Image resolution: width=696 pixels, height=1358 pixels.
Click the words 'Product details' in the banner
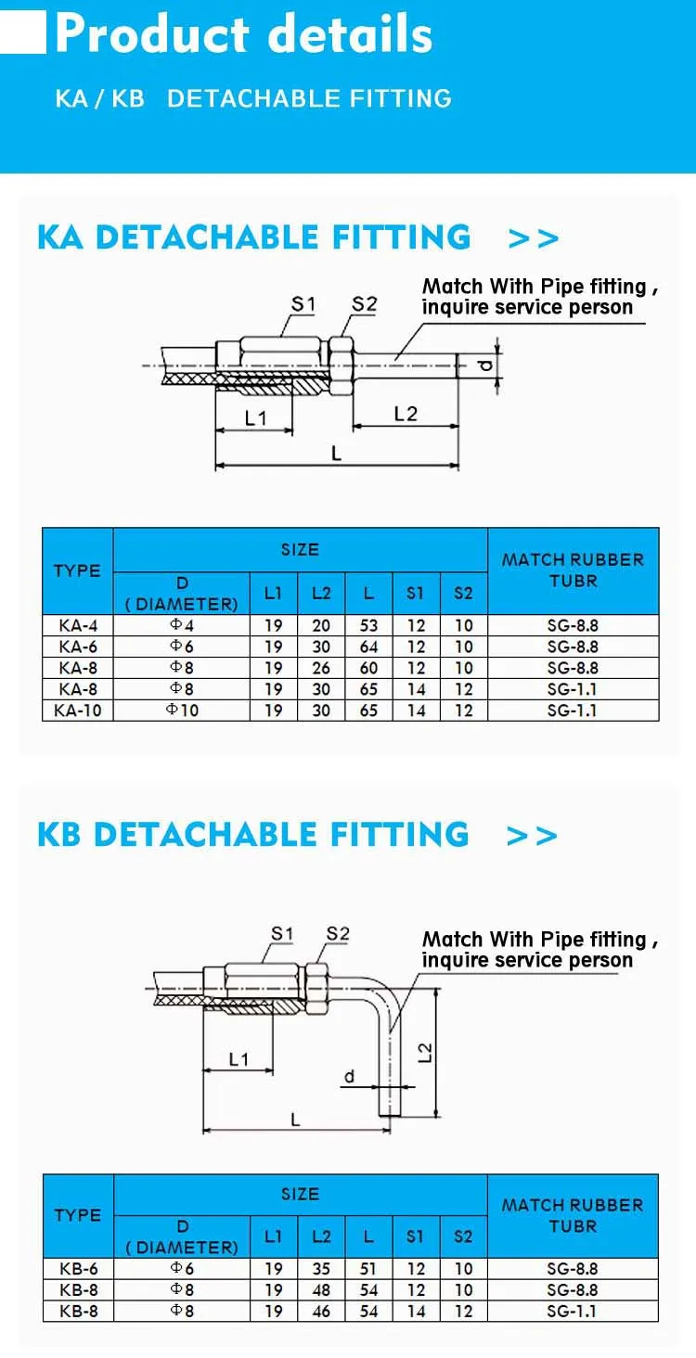pyautogui.click(x=244, y=33)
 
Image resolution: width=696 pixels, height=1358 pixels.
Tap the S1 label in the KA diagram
pyautogui.click(x=303, y=303)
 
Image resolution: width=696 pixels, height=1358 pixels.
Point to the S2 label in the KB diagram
pyautogui.click(x=338, y=933)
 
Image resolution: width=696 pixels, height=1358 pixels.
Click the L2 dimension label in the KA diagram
pyautogui.click(x=406, y=414)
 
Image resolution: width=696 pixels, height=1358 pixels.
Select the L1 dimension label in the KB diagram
pyautogui.click(x=238, y=1059)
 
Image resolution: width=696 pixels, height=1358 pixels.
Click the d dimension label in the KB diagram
pyautogui.click(x=349, y=1077)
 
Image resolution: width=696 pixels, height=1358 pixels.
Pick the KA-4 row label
pyautogui.click(x=78, y=625)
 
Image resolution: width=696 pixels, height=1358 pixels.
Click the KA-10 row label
pyautogui.click(x=78, y=710)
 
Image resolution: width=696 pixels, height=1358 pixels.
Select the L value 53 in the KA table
pyautogui.click(x=368, y=625)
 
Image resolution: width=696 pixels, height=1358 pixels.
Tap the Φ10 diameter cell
pyautogui.click(x=182, y=710)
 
